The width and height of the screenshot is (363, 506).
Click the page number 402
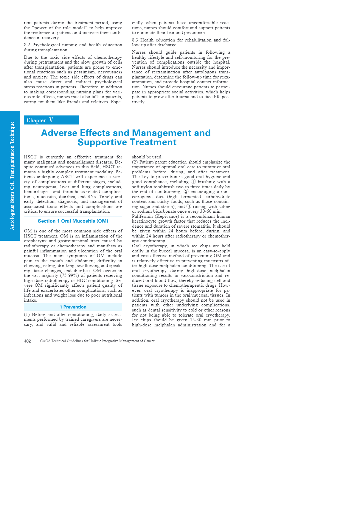[27, 341]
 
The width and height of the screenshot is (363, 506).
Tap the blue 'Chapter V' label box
[51, 120]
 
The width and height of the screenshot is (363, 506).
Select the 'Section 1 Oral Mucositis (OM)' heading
[73, 221]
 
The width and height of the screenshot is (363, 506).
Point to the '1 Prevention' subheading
[73, 307]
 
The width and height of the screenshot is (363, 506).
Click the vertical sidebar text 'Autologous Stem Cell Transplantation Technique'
[12, 175]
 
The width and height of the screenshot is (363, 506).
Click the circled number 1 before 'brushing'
[193, 182]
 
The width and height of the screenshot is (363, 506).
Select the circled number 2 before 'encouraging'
[186, 192]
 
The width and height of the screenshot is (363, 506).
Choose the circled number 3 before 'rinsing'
[189, 206]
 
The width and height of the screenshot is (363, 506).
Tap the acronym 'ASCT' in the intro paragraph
[67, 177]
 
